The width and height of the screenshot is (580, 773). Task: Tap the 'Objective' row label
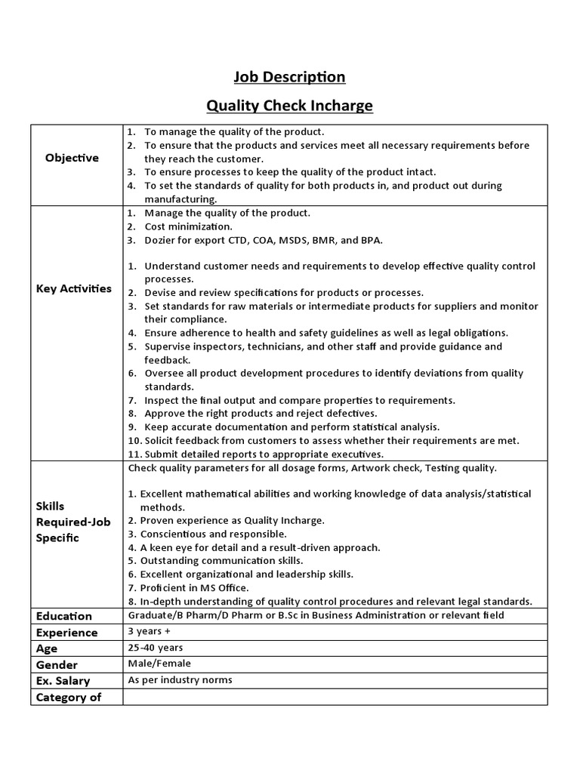72,158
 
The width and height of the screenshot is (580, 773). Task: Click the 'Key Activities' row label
73,288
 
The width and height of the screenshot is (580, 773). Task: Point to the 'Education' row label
64,616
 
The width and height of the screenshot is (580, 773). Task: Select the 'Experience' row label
67,633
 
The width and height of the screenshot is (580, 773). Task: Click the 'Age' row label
47,648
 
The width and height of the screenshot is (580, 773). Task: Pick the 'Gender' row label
57,665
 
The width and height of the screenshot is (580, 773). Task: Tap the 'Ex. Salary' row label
63,681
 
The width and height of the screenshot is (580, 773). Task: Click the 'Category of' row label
69,698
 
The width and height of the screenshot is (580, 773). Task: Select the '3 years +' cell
150,631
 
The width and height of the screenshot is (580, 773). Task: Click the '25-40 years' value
156,648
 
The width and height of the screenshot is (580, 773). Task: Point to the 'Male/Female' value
159,664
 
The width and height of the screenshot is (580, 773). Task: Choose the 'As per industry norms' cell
180,680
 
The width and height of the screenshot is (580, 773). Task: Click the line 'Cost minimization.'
188,226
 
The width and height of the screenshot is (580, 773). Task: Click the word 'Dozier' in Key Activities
161,240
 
